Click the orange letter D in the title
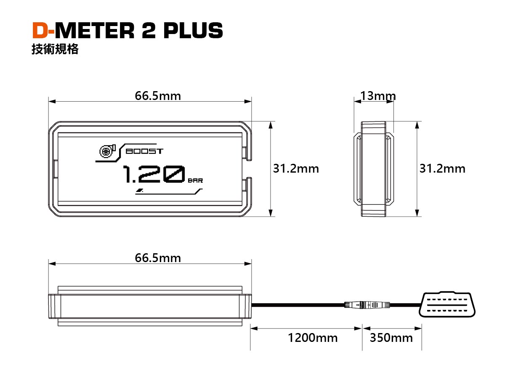click(x=41, y=31)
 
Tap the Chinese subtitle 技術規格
click(x=55, y=50)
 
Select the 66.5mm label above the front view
click(x=158, y=96)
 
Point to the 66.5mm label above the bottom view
click(x=158, y=257)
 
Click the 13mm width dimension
click(x=378, y=96)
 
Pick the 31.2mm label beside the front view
click(x=296, y=169)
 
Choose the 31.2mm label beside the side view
click(x=442, y=169)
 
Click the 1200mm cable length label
click(x=313, y=338)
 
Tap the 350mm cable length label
click(x=391, y=338)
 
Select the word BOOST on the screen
click(x=144, y=151)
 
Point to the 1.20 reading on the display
click(x=154, y=175)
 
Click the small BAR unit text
click(x=195, y=181)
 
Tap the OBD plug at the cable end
click(x=448, y=304)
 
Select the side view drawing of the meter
click(x=374, y=169)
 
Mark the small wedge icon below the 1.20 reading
click(x=139, y=191)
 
